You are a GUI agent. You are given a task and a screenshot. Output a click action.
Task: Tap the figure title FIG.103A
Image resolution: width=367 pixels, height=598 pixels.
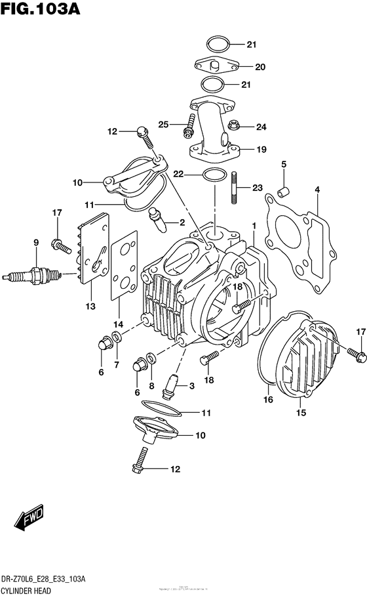click(x=43, y=12)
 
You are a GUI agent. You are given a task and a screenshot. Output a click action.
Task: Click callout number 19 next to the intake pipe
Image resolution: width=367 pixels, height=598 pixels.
click(x=261, y=150)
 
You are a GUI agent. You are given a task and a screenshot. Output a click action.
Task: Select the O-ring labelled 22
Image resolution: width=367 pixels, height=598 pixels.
click(x=212, y=175)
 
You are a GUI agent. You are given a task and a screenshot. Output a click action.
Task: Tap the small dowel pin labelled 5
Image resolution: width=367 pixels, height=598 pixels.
click(x=284, y=191)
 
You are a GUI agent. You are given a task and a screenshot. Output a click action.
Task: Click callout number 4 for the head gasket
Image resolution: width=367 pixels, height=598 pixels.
click(x=317, y=190)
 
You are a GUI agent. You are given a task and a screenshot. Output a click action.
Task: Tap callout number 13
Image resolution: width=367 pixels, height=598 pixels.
click(x=90, y=306)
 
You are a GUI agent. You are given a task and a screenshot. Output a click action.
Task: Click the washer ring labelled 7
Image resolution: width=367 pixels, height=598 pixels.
click(x=117, y=337)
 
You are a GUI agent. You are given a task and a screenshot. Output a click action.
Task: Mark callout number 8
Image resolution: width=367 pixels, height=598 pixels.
click(x=151, y=387)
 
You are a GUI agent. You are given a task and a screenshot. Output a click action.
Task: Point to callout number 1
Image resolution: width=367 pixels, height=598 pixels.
click(x=253, y=225)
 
